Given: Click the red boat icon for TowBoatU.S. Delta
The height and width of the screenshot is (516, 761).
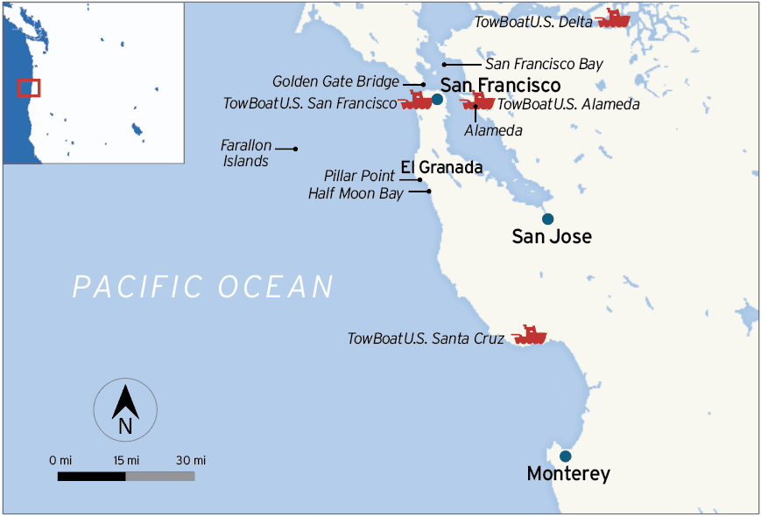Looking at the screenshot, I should (x=612, y=18).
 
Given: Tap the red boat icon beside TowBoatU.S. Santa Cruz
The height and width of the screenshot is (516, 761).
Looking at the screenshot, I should (x=530, y=335).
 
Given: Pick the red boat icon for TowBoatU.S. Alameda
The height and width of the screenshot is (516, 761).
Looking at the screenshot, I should (x=477, y=101).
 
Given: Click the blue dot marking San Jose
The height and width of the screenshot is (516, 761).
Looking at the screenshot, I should (x=548, y=219).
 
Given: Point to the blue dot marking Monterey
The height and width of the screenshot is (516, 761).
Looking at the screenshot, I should (x=566, y=456).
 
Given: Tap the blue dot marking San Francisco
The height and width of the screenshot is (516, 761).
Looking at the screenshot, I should (x=437, y=100).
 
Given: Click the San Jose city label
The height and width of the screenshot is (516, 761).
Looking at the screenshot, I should (x=552, y=236).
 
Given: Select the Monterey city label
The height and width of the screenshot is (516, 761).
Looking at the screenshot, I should (x=568, y=474).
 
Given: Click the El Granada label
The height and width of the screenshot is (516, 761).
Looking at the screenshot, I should (x=441, y=167).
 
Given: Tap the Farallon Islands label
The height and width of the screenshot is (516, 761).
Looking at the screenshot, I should (x=246, y=154).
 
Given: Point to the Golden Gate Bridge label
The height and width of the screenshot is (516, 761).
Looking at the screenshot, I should (x=335, y=82).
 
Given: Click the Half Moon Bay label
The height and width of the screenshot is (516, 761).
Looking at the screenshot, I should (x=356, y=193).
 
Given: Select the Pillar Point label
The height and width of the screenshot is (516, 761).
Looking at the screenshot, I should (x=359, y=177).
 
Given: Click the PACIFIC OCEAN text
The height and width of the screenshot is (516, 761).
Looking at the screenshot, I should (x=203, y=287).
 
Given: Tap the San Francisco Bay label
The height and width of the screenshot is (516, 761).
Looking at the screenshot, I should (x=544, y=64).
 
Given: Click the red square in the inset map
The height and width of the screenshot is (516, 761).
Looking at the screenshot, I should (x=29, y=87).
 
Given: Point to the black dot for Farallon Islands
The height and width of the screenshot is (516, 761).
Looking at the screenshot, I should (x=295, y=149).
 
